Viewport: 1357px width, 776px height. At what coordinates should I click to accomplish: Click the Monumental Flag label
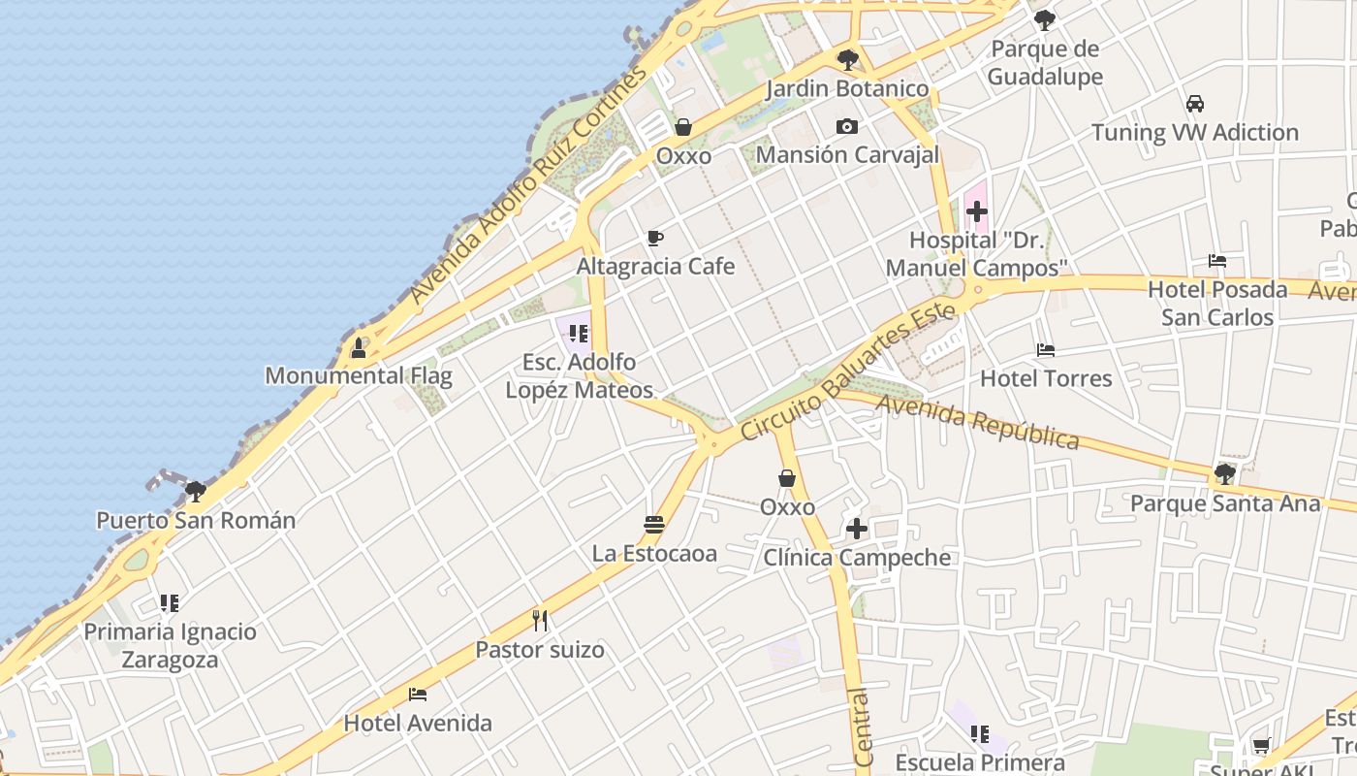coord(359,375)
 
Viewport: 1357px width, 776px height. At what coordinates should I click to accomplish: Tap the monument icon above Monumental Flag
coord(359,348)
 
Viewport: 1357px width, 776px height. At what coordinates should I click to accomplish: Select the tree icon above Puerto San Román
coord(195,491)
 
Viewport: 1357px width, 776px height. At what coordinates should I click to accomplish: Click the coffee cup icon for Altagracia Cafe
coord(655,239)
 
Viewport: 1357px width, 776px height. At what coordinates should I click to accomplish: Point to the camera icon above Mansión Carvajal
coord(847,127)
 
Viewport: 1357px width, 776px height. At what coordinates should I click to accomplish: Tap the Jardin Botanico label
coord(847,89)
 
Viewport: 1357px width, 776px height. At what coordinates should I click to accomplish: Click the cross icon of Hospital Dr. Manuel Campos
coord(976,210)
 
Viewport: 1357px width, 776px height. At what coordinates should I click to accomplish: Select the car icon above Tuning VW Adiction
coord(1195,104)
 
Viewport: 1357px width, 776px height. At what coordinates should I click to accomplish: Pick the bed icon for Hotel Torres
coord(1046,350)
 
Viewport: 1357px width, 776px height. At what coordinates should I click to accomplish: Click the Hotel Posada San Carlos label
coord(1217,303)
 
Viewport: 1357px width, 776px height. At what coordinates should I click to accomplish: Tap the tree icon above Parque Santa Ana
coord(1225,474)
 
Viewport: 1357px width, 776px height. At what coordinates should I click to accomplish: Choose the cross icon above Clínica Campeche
coord(857,529)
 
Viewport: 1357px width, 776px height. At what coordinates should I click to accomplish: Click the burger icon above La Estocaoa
coord(654,525)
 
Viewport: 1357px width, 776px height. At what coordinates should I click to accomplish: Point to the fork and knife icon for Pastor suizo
coord(540,621)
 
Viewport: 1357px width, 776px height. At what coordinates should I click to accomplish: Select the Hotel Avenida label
coord(418,723)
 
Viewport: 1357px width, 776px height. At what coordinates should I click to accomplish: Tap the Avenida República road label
coord(978,420)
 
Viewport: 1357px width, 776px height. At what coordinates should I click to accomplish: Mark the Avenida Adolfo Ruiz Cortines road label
coord(528,185)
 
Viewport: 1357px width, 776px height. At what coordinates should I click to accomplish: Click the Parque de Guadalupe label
coord(1045,63)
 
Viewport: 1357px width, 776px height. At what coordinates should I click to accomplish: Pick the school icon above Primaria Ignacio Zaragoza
coord(170,603)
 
